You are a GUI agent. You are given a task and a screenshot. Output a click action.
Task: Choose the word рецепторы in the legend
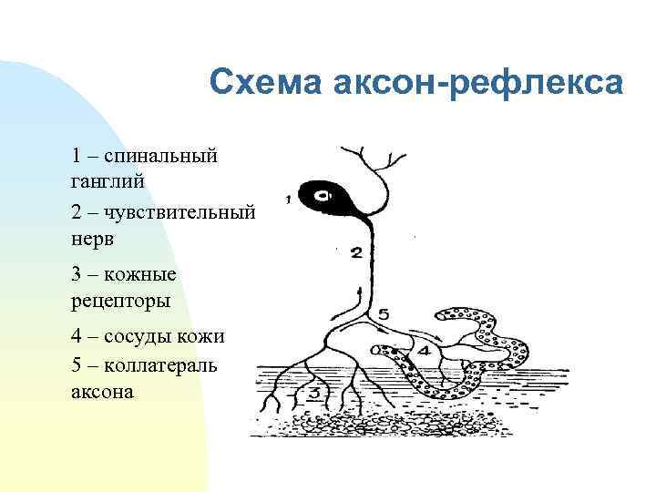coord(120,299)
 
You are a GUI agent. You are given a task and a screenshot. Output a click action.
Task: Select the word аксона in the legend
coord(101,392)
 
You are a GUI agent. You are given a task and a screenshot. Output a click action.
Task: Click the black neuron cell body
coord(326,196)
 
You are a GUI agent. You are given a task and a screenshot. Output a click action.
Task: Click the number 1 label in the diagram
coord(288,198)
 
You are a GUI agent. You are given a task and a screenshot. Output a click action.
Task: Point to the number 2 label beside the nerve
coord(356,251)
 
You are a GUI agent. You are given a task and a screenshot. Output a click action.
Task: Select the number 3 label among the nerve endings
coord(313,394)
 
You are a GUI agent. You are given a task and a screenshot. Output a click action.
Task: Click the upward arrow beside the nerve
coord(362,296)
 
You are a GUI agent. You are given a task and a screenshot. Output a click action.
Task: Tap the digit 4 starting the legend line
coord(76,335)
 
